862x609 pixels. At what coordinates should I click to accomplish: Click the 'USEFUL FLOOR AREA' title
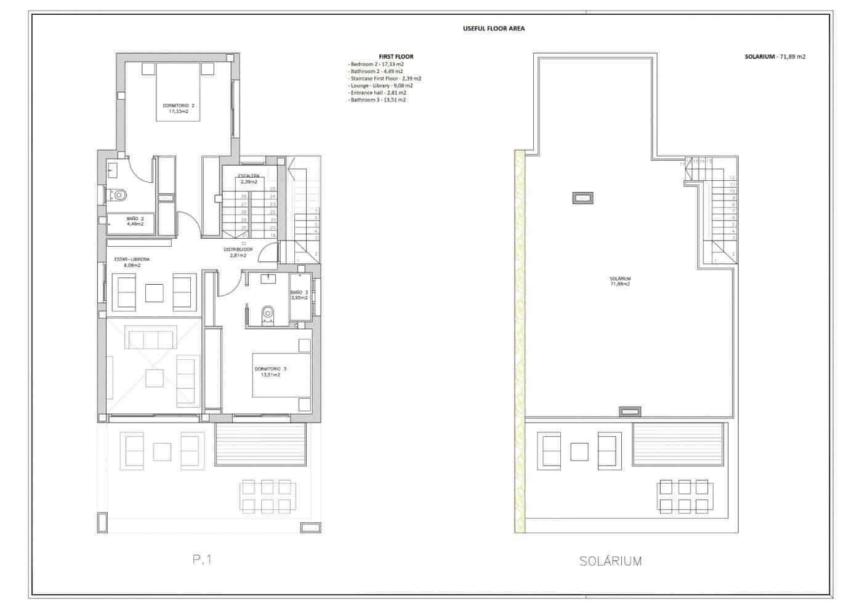tap(493, 28)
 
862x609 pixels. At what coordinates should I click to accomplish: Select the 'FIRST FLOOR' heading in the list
tap(396, 57)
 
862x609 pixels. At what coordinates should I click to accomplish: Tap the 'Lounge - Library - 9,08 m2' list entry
tap(381, 86)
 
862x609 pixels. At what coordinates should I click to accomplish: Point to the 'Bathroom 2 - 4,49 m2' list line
tap(376, 71)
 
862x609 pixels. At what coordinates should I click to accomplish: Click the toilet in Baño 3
tap(268, 314)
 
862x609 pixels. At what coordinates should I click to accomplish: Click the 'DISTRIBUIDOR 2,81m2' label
tap(238, 252)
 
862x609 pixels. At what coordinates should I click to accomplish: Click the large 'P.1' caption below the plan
tap(201, 560)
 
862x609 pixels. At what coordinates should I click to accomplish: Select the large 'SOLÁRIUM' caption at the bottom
tap(610, 561)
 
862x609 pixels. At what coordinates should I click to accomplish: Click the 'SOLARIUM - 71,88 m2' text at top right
tap(775, 57)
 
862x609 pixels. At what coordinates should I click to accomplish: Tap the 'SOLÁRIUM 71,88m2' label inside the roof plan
tap(619, 281)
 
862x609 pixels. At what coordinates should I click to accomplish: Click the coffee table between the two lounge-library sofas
tap(154, 293)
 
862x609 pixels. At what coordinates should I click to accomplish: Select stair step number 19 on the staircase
tap(272, 236)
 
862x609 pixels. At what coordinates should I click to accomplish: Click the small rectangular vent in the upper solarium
tap(582, 197)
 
